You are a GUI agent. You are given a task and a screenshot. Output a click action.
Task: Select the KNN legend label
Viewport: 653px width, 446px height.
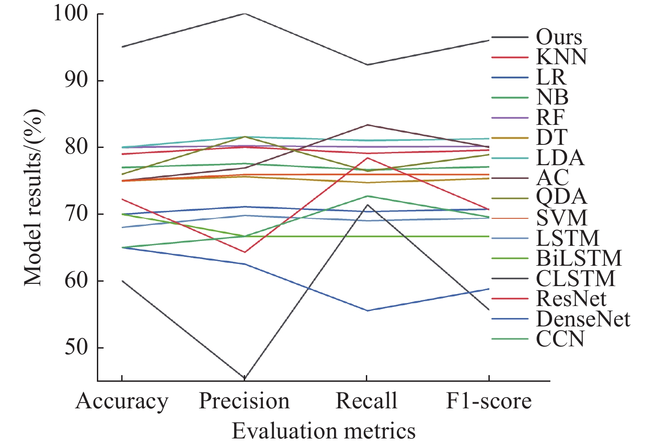561,57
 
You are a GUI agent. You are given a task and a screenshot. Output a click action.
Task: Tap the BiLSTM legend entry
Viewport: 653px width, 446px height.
579,258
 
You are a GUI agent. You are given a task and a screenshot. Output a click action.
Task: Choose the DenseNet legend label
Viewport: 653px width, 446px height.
583,319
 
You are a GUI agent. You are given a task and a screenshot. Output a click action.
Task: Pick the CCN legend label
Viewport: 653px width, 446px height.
560,339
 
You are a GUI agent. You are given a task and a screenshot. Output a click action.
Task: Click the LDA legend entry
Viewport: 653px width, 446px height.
560,158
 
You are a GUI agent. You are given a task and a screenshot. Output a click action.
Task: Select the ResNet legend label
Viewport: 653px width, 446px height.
571,299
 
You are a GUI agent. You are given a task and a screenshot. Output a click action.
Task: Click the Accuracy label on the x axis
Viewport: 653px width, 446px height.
122,401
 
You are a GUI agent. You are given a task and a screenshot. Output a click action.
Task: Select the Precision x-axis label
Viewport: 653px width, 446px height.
244,401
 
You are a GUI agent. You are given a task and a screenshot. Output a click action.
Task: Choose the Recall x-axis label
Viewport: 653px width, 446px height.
366,401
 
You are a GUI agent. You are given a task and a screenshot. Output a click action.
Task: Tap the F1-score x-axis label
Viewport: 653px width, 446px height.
488,401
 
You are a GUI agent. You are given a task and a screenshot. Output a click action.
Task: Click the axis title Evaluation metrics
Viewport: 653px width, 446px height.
324,430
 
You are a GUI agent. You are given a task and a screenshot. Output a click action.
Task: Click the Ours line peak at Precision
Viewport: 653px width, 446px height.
245,14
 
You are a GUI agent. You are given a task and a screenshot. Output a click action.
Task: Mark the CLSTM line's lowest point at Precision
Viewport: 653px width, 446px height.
245,377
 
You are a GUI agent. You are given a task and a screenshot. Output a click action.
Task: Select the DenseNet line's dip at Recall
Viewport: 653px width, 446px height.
367,310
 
